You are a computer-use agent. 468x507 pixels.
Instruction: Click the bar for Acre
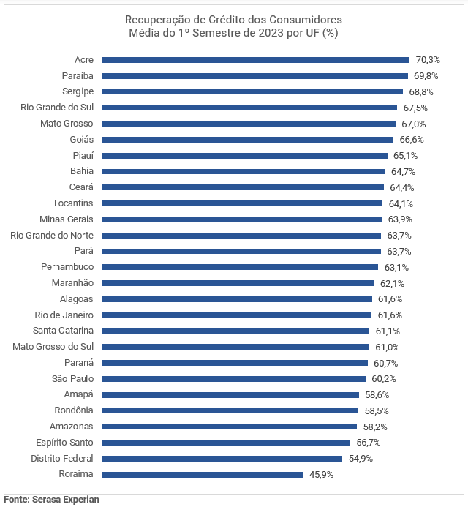(256, 60)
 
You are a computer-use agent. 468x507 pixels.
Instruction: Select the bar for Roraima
(203, 475)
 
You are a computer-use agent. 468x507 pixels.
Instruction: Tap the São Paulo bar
(234, 379)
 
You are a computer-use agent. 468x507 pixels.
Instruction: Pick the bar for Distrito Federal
(222, 459)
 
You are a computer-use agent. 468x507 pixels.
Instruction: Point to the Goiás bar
(248, 140)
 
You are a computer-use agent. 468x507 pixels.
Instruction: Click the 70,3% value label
(428, 60)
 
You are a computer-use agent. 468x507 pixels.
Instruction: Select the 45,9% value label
(321, 475)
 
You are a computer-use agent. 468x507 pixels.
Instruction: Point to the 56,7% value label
(369, 443)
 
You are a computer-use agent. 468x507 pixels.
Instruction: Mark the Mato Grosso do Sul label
(53, 347)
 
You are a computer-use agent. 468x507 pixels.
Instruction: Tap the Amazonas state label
(71, 427)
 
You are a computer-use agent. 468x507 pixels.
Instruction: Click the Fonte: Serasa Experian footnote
(51, 500)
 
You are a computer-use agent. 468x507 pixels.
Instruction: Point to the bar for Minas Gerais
(242, 219)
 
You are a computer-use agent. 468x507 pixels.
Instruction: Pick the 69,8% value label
(426, 76)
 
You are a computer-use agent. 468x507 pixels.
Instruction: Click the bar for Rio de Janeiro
(237, 315)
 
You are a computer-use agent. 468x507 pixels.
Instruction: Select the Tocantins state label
(72, 203)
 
